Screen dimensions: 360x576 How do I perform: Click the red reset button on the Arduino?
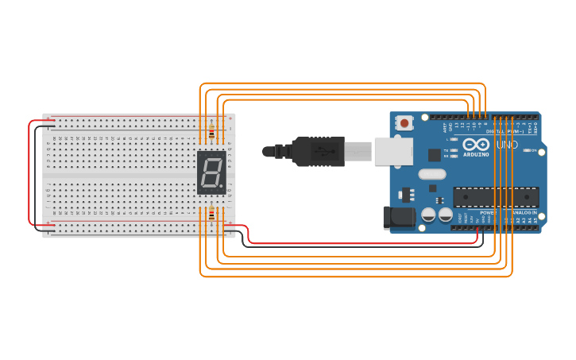point(405,123)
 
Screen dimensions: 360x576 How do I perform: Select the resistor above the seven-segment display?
point(211,134)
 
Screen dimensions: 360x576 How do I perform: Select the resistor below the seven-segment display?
point(211,214)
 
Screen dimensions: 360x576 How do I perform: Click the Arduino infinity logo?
point(476,145)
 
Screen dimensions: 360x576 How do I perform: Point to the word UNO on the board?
point(507,145)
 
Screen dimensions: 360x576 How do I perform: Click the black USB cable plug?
point(318,151)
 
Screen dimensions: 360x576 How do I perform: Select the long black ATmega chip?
point(496,196)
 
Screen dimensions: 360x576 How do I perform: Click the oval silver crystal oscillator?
point(431,174)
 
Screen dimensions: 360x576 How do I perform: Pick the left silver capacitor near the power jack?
point(428,215)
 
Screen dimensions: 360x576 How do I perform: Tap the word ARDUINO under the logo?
point(476,155)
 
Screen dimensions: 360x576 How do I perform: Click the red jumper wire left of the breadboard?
point(30,175)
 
